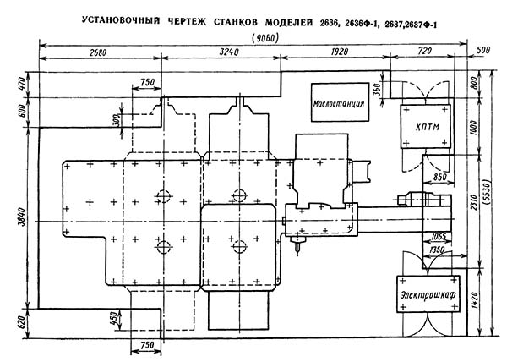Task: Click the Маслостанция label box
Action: [x=340, y=102]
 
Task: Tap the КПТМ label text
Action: [x=427, y=127]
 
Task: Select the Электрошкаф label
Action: [x=428, y=294]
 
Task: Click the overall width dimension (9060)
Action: [x=265, y=38]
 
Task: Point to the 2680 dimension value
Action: [x=98, y=52]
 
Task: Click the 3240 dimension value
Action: [x=229, y=52]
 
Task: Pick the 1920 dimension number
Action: [x=340, y=52]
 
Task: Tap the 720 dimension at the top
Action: [x=424, y=51]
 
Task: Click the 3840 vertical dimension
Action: [x=24, y=217]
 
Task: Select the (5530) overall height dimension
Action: [x=486, y=191]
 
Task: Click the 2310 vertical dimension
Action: [x=473, y=202]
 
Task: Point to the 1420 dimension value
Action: [x=474, y=301]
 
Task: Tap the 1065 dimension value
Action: [x=439, y=237]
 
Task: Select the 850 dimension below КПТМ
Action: [x=439, y=177]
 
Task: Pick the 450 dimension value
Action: [x=114, y=318]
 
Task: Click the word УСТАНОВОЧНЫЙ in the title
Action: [x=121, y=20]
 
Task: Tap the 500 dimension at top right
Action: [x=483, y=50]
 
